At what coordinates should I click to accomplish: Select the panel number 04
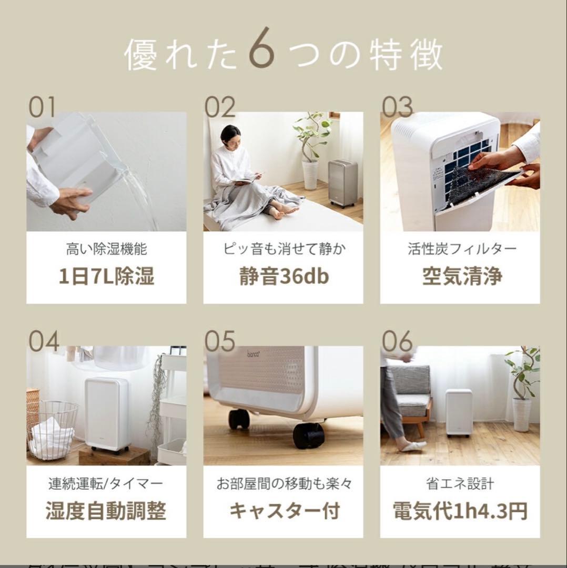pos(44,341)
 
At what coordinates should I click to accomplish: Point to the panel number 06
pos(398,341)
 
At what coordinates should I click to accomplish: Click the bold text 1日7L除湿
pos(106,276)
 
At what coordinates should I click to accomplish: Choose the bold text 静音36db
pos(283,276)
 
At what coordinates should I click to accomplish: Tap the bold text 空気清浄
pos(462,276)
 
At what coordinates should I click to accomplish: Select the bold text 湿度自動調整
pos(106,511)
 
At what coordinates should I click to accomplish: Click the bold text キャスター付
pos(283,511)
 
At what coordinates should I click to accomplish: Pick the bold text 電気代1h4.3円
pos(460,511)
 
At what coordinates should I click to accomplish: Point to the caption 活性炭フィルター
pos(462,249)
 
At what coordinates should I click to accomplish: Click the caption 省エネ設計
pos(460,483)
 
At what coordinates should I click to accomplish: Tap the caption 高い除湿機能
pos(106,249)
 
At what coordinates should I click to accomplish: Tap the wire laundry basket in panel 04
pos(53,429)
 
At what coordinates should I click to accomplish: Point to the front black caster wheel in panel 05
pos(308,435)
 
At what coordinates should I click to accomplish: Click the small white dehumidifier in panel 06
pos(458,412)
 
